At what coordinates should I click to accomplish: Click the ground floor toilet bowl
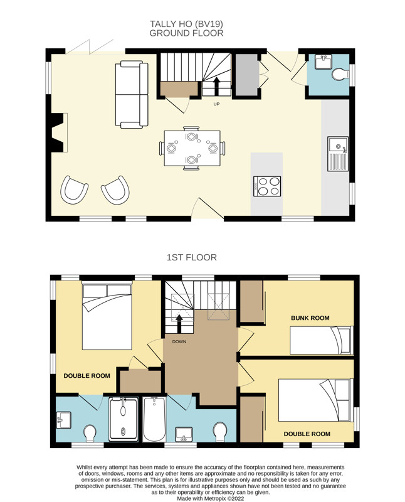[x=340, y=74]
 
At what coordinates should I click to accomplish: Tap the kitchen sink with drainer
[x=337, y=154]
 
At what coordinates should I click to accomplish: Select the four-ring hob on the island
[x=267, y=186]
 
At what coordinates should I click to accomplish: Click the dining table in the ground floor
[x=192, y=148]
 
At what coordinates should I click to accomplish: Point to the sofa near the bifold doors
[x=132, y=95]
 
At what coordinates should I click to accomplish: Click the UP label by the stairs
[x=216, y=104]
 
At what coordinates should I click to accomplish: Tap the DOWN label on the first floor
[x=179, y=341]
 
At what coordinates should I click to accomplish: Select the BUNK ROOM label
[x=310, y=318]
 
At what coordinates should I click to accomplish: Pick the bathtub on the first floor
[x=154, y=419]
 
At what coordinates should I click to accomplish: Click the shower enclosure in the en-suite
[x=124, y=419]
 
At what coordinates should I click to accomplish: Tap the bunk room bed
[x=322, y=340]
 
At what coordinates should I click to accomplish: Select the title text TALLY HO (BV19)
[x=186, y=24]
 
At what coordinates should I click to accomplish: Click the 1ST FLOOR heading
[x=192, y=257]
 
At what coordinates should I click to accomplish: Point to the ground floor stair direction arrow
[x=216, y=86]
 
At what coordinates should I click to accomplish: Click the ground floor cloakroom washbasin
[x=323, y=61]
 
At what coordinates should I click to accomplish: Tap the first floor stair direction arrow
[x=179, y=324]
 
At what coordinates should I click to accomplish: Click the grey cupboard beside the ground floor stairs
[x=246, y=75]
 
